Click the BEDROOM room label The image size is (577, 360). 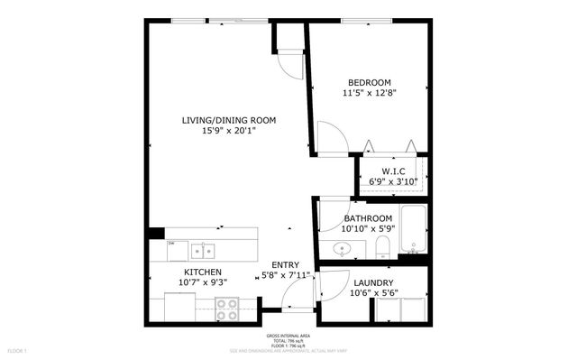370,82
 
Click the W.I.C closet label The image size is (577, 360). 392,171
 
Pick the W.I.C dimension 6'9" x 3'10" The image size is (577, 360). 392,181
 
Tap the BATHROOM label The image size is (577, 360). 368,218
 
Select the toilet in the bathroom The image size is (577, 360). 381,247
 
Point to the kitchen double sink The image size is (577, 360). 202,249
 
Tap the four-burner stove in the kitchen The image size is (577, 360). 227,309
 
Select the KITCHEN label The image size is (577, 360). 205,272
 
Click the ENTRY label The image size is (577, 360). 285,264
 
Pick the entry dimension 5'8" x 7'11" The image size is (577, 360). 285,275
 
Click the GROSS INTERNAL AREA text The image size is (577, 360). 288,333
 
